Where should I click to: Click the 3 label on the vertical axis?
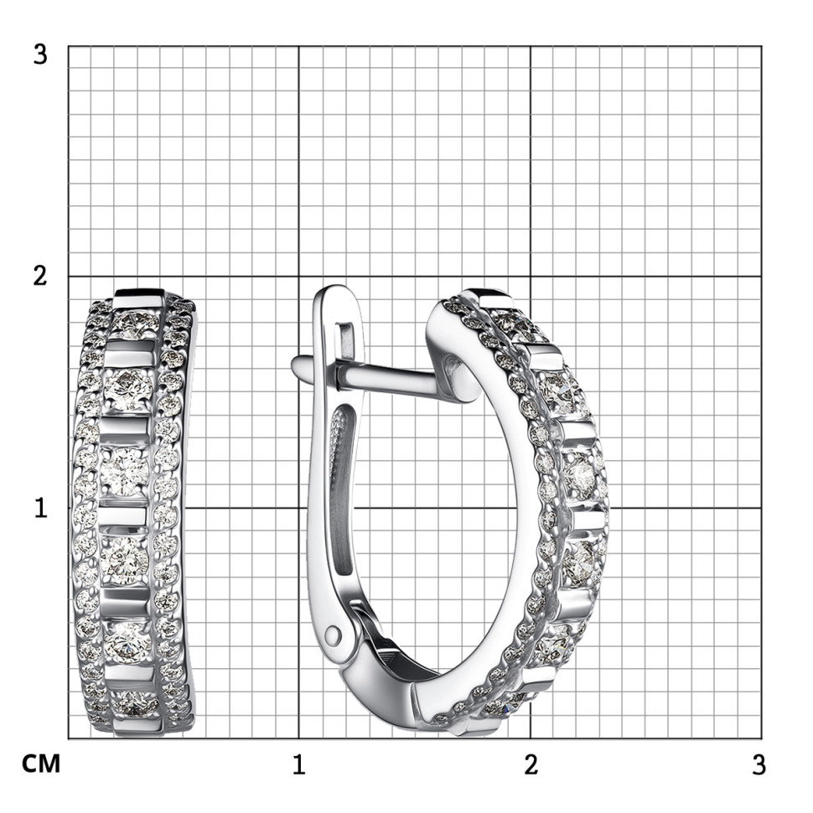tap(40, 54)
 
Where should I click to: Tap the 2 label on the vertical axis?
tap(40, 276)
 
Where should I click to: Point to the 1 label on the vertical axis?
tap(41, 508)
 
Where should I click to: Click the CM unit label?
tap(41, 764)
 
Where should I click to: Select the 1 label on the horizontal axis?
tap(298, 765)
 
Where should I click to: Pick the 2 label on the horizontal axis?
tap(531, 765)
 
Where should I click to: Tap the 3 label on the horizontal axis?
tap(759, 765)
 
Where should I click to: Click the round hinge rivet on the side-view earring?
tap(333, 634)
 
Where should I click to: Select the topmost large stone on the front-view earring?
tap(135, 323)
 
